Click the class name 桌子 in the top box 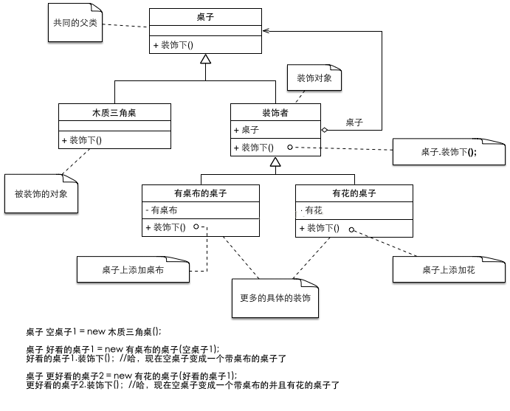205,17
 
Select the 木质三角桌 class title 114,112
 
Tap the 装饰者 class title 275,112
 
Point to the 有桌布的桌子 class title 200,193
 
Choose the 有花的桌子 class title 354,193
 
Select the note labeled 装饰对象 314,77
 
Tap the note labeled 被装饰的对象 41,194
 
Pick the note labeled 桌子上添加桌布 133,270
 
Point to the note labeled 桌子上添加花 449,270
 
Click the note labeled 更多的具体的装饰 275,299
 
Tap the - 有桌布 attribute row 165,210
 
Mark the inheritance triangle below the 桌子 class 206,60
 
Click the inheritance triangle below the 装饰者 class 275,162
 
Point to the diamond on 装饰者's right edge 325,129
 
